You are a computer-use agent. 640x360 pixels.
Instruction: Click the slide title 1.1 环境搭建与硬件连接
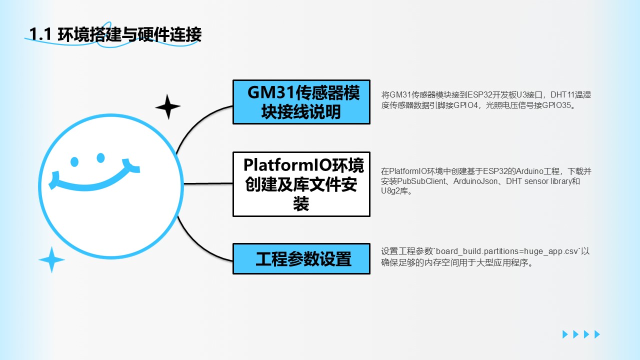click(115, 34)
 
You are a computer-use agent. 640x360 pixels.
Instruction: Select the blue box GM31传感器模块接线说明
click(301, 102)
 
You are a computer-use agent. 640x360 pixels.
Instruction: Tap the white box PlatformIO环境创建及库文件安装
click(301, 184)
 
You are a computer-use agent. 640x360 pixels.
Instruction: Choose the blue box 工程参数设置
click(301, 259)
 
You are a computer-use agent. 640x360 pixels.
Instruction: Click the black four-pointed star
click(167, 106)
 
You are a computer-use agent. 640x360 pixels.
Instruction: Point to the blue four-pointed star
click(51, 259)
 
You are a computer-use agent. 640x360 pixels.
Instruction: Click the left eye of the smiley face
click(74, 161)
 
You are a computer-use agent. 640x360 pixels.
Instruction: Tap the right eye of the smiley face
click(100, 158)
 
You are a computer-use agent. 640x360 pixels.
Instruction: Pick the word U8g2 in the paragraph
click(390, 191)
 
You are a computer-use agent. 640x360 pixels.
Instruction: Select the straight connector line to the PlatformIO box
click(208, 183)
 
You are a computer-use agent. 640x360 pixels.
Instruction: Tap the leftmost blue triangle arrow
click(565, 334)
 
